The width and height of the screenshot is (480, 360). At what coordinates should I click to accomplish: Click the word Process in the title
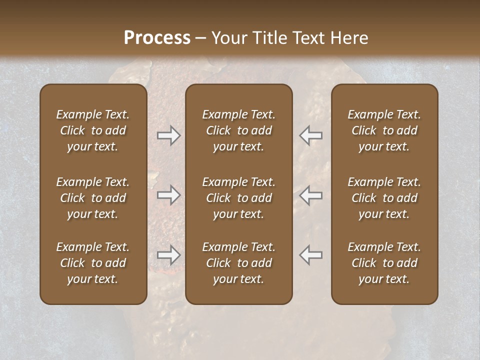pyautogui.click(x=157, y=38)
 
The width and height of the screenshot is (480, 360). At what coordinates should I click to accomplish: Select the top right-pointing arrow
pyautogui.click(x=169, y=135)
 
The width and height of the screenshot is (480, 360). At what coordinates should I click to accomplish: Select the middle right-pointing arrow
pyautogui.click(x=169, y=195)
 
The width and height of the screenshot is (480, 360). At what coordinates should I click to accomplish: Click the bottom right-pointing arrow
pyautogui.click(x=169, y=255)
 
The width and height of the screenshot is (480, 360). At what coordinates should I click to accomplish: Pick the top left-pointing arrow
pyautogui.click(x=310, y=135)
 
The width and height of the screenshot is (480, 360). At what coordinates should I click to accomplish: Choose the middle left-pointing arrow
pyautogui.click(x=310, y=195)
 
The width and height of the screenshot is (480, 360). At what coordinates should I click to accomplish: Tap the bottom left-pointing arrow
pyautogui.click(x=310, y=255)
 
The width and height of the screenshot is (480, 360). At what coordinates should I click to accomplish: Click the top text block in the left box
pyautogui.click(x=93, y=130)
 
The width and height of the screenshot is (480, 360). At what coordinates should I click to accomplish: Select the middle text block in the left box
pyautogui.click(x=93, y=198)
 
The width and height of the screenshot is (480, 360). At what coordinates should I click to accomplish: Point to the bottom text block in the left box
pyautogui.click(x=93, y=263)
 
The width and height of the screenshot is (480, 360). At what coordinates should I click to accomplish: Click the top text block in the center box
pyautogui.click(x=238, y=130)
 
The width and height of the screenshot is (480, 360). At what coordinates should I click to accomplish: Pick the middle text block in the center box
pyautogui.click(x=238, y=198)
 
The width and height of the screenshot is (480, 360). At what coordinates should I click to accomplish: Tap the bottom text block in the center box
pyautogui.click(x=238, y=263)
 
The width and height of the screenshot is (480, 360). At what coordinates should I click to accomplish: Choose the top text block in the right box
pyautogui.click(x=384, y=130)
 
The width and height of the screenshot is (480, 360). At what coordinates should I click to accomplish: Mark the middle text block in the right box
pyautogui.click(x=384, y=198)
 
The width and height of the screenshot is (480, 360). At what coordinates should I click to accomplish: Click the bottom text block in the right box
pyautogui.click(x=384, y=263)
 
